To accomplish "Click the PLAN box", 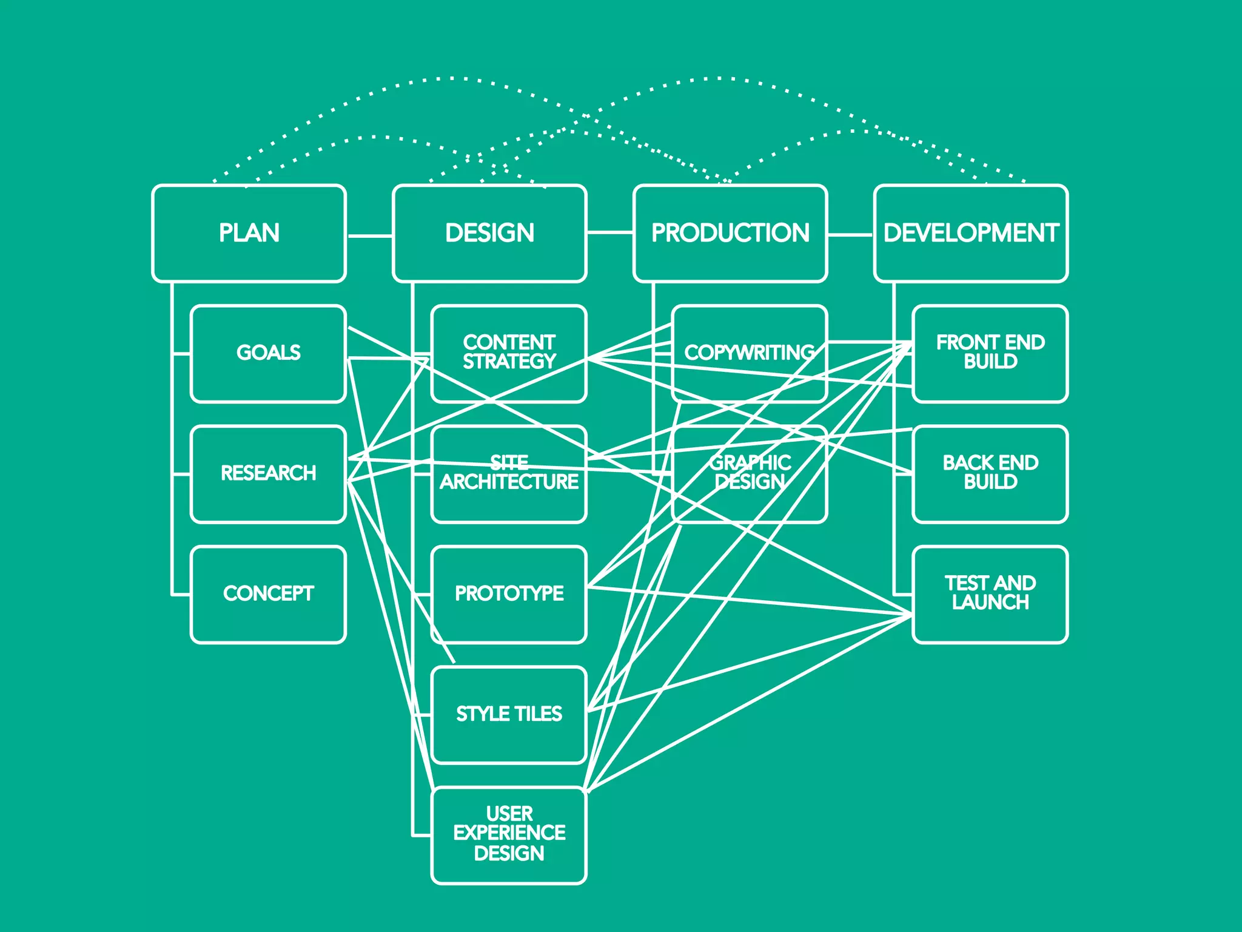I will click(249, 234).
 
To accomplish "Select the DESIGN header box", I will click(489, 234).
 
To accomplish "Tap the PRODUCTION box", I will click(730, 234).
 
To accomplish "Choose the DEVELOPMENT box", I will click(971, 234).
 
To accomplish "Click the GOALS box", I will click(268, 353).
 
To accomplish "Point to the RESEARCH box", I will click(268, 473).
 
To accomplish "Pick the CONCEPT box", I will click(268, 594).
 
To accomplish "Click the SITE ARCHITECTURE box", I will click(509, 473).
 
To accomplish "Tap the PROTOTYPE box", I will click(509, 594).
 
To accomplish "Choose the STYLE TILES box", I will click(509, 714).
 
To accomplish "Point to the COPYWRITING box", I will click(750, 353).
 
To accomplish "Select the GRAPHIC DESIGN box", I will click(750, 473).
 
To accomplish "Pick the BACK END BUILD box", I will click(990, 473).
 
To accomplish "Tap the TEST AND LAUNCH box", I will click(990, 594).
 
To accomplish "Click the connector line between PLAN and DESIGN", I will click(369, 235).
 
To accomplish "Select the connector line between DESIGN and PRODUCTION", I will click(610, 232).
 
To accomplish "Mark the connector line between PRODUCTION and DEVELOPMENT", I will click(850, 234).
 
